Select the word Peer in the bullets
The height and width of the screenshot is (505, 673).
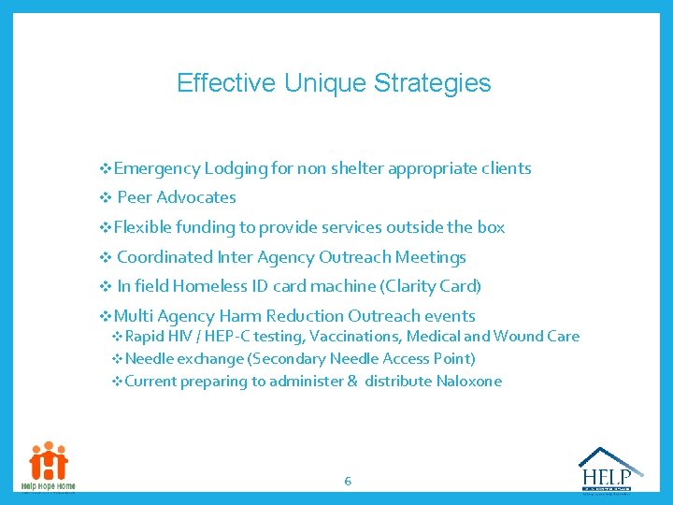pos(135,197)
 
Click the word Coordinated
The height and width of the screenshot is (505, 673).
pos(165,257)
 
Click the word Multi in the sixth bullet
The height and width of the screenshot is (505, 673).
pos(130,316)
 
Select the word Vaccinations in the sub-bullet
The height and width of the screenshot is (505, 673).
pos(351,337)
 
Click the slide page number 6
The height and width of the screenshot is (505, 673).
pos(348,482)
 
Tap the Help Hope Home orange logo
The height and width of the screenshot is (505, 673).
pos(49,466)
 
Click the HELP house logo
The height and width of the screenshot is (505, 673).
pos(610,469)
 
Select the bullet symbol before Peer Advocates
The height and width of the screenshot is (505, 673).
pos(105,197)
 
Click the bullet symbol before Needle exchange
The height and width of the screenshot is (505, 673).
pos(117,359)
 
